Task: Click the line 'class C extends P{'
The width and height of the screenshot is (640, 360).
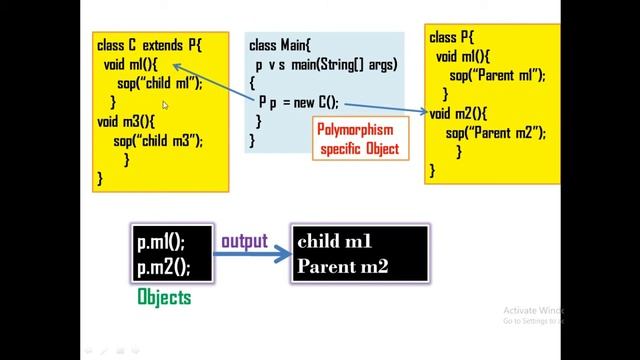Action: pos(149,46)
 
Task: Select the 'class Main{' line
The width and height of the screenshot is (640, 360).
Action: pos(281,46)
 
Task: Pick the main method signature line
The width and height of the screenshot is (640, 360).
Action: pos(326,65)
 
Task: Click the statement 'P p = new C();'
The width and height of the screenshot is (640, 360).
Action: pos(299,102)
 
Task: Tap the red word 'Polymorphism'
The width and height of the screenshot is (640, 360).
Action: pos(355,130)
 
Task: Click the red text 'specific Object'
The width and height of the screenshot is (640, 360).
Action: pos(359,149)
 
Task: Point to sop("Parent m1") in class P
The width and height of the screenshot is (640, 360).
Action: pos(495,76)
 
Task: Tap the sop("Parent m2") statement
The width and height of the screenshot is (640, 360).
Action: pos(493,133)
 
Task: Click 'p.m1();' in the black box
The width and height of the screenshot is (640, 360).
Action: pos(160,242)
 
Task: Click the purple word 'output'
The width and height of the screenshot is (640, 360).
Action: pos(244,241)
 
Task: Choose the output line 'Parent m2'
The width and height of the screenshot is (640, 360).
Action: pos(342,266)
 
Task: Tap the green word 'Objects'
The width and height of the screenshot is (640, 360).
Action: pos(163,298)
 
